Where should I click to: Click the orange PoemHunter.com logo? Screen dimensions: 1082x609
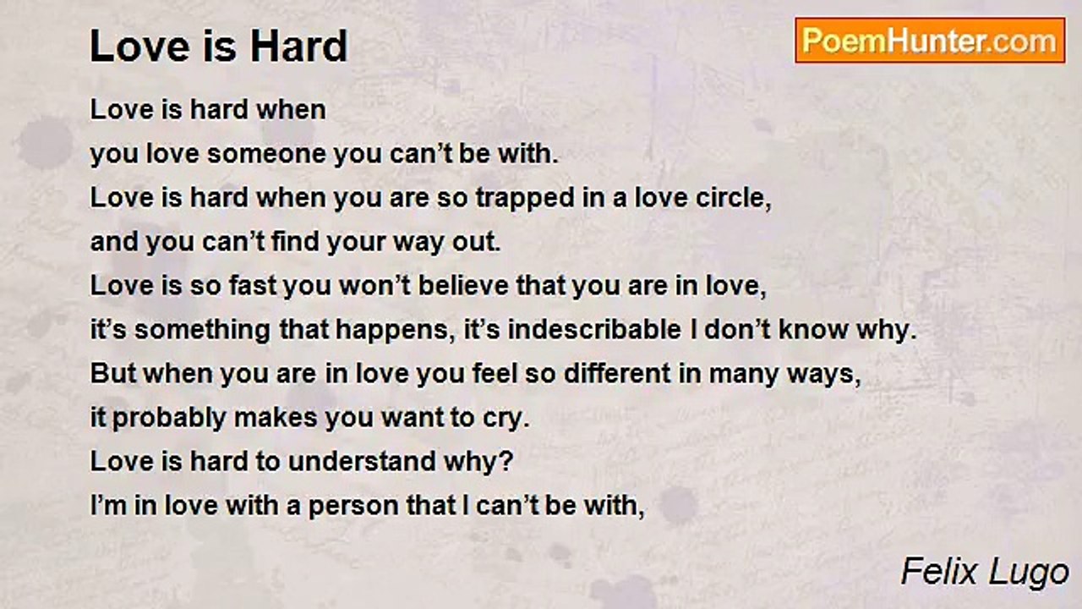(x=930, y=41)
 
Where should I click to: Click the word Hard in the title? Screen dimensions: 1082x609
(x=298, y=47)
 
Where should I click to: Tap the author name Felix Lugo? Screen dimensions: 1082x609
(x=985, y=573)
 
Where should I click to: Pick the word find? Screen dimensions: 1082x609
(x=295, y=241)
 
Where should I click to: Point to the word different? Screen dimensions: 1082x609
(x=618, y=374)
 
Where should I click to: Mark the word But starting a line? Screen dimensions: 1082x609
(x=113, y=374)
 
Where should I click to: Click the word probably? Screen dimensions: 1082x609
(x=169, y=419)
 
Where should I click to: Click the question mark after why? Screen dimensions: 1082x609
(x=506, y=461)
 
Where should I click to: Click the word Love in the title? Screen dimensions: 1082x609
(x=139, y=47)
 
